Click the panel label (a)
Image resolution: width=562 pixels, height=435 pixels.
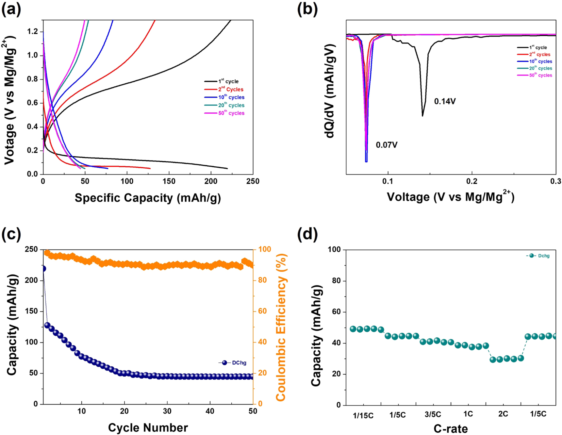click(11, 9)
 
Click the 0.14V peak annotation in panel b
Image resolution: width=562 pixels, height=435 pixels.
click(445, 102)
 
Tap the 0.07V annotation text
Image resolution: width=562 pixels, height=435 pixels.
click(387, 145)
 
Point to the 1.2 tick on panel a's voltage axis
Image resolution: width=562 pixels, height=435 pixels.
click(33, 32)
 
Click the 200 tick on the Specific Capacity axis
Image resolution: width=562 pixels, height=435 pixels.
click(211, 181)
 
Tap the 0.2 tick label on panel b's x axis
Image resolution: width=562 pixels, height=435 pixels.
click(472, 181)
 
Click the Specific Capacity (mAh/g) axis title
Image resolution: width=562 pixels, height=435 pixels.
click(148, 198)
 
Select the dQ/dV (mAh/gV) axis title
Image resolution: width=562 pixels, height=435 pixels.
click(330, 92)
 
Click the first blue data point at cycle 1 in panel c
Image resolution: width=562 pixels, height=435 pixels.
click(43, 269)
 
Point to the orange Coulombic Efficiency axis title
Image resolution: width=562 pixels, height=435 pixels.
click(281, 327)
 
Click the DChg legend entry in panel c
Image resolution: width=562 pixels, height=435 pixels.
click(233, 363)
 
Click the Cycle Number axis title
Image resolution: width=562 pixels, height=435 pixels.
click(148, 427)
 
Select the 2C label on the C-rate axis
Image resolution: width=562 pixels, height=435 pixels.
click(503, 414)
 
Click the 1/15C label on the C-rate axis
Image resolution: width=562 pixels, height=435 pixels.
click(363, 415)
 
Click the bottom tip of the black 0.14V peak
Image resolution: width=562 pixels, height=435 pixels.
click(422, 116)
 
